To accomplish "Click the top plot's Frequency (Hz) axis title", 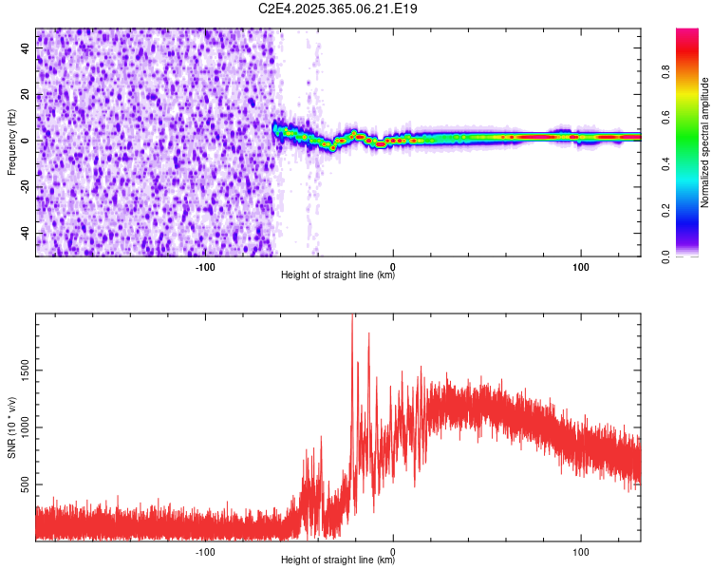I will point(12,142).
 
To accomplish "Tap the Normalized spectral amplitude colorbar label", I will point(705,142).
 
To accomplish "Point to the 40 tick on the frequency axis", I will point(27,48).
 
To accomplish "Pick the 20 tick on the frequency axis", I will point(27,95).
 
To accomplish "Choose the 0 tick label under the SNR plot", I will point(393,550).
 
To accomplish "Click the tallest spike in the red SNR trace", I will point(352,319).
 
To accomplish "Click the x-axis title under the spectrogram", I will point(338,275).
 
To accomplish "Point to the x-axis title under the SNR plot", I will point(338,560).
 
